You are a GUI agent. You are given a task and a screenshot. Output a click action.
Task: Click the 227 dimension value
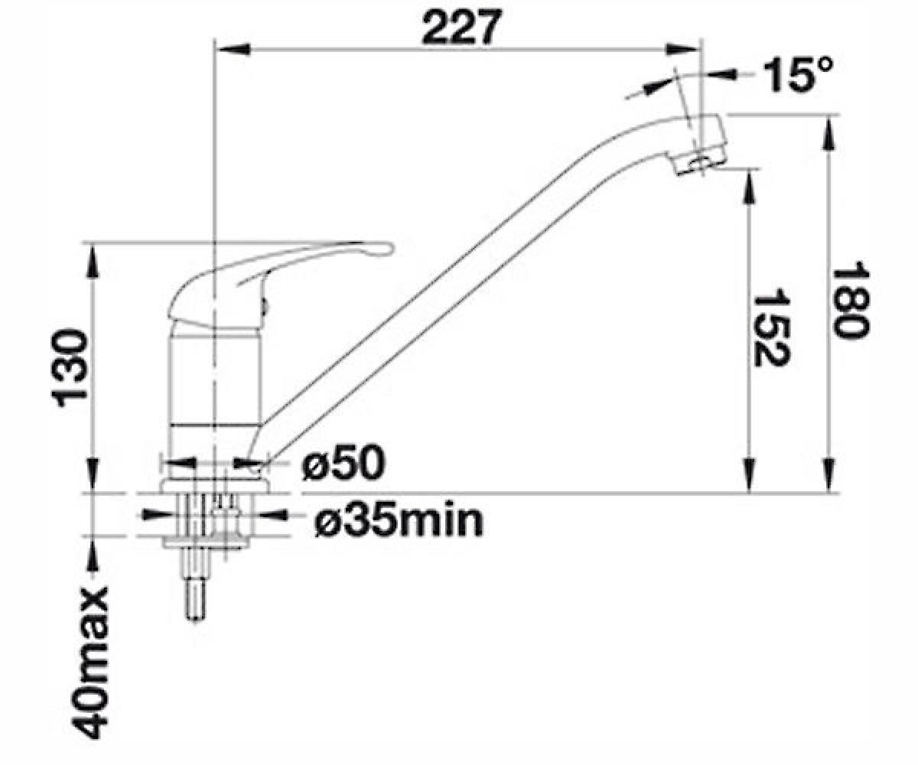click(461, 27)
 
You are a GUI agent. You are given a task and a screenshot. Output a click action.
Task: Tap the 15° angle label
click(797, 75)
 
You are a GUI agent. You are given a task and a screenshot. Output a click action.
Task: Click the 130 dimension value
click(69, 369)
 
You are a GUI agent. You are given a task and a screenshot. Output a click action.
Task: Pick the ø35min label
click(399, 522)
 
